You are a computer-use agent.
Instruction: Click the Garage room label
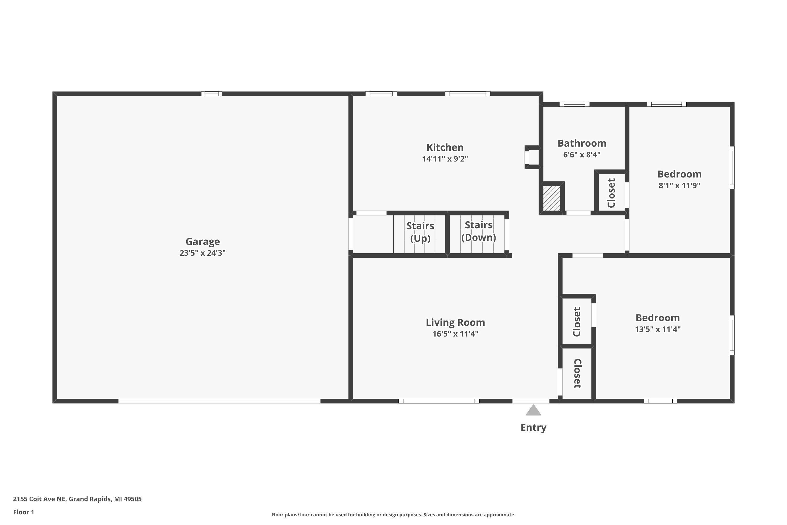(203, 241)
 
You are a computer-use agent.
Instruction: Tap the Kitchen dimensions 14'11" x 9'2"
(445, 159)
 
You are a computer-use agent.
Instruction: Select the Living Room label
(455, 322)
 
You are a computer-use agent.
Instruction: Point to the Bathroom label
(582, 143)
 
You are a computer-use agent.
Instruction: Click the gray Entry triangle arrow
(533, 411)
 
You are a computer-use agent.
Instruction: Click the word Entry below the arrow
(533, 428)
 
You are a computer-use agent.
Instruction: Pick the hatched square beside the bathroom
(551, 198)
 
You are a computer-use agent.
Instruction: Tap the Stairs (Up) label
(420, 232)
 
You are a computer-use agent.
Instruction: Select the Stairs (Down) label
(478, 231)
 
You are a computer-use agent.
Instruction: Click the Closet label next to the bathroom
(611, 193)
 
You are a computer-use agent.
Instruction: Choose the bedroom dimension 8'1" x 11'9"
(679, 186)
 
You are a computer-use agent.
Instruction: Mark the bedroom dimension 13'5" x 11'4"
(657, 329)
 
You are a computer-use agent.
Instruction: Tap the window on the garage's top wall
(211, 94)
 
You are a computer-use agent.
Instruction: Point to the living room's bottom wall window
(439, 401)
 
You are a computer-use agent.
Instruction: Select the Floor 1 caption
(23, 512)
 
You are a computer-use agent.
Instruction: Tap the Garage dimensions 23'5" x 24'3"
(203, 253)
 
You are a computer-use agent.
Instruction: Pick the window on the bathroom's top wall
(574, 104)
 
